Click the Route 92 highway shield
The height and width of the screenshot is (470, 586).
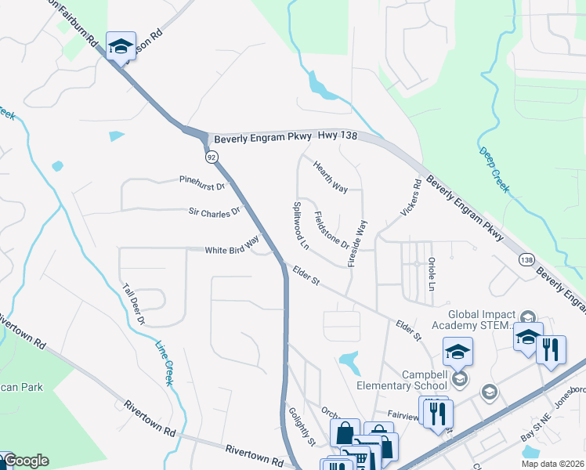[212, 157]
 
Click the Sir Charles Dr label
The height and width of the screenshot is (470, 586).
[212, 211]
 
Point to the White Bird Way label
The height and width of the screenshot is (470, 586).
[231, 245]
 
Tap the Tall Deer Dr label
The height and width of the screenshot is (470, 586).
[133, 304]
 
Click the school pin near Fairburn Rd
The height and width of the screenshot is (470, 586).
[121, 47]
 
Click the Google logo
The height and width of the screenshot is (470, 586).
[25, 461]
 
